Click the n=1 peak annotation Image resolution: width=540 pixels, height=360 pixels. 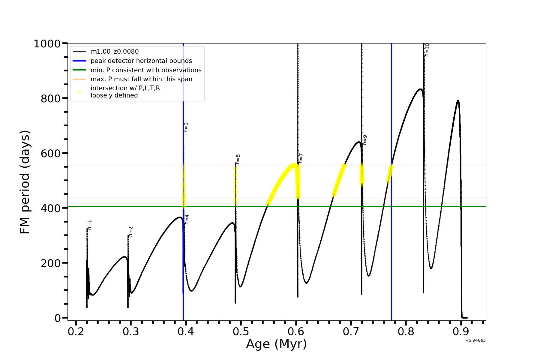click(x=90, y=225)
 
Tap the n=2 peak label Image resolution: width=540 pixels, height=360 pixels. click(x=130, y=232)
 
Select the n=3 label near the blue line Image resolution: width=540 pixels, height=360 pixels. click(x=186, y=127)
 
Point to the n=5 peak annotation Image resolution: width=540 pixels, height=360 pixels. click(x=238, y=159)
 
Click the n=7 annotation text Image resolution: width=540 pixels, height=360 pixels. click(x=301, y=158)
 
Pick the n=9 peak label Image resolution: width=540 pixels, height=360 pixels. click(x=365, y=140)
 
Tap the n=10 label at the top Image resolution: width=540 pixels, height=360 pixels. click(x=427, y=50)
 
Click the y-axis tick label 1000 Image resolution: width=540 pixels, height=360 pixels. click(x=47, y=44)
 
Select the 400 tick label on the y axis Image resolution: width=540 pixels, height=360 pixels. click(x=50, y=208)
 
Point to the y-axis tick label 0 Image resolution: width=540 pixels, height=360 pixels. click(x=58, y=318)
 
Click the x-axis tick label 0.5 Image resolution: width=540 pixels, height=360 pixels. click(x=241, y=332)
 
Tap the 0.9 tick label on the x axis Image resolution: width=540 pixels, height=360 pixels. click(x=461, y=332)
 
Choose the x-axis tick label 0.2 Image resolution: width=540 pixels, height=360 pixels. click(x=76, y=332)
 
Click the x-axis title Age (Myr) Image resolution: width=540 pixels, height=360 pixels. click(x=276, y=344)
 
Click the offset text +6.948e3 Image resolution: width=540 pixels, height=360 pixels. click(x=475, y=340)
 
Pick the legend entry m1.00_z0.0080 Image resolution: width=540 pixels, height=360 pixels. click(x=115, y=52)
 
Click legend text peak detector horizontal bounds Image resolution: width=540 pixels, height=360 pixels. click(x=141, y=61)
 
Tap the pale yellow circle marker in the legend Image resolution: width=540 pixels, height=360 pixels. click(x=79, y=92)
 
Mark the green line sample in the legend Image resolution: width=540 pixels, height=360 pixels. click(x=79, y=70)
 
